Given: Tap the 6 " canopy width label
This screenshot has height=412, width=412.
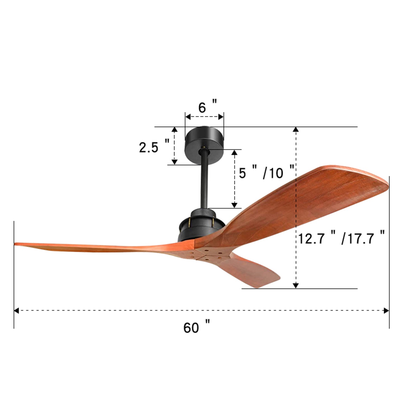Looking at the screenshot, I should click(207, 107).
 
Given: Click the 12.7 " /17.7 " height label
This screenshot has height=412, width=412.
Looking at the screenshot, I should click(341, 238).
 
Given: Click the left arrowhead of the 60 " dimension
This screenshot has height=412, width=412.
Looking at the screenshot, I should click(16, 311).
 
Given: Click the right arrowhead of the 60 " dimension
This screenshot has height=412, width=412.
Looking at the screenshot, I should click(386, 311).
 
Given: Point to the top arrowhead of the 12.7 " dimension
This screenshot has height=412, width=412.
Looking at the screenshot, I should click(296, 130).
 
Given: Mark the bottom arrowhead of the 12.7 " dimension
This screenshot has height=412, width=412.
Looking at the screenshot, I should click(296, 285).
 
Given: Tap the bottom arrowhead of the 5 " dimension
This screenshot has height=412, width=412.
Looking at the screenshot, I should click(234, 205).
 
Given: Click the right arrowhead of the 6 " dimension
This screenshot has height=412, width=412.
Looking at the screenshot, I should click(221, 117).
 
